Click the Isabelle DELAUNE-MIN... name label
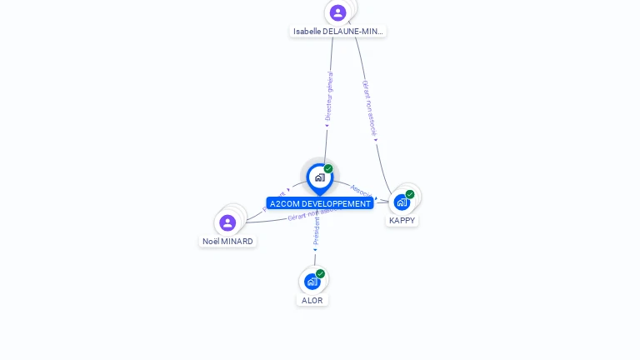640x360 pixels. pyautogui.click(x=338, y=31)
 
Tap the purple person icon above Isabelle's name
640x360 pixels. pyautogui.click(x=337, y=12)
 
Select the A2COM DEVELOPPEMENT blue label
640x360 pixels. pyautogui.click(x=320, y=203)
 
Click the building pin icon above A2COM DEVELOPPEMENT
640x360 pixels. pyautogui.click(x=319, y=177)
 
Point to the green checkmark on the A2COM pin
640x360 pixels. pyautogui.click(x=328, y=169)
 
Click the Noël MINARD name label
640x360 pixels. pyautogui.click(x=227, y=241)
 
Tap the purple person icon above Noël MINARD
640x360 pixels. pyautogui.click(x=227, y=222)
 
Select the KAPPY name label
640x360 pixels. pyautogui.click(x=402, y=220)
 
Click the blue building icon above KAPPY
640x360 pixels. pyautogui.click(x=402, y=202)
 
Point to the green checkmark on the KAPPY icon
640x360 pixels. pyautogui.click(x=410, y=194)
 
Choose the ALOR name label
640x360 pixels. pyautogui.click(x=312, y=300)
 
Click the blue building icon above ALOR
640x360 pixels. pyautogui.click(x=312, y=282)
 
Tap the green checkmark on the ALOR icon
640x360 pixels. pyautogui.click(x=320, y=273)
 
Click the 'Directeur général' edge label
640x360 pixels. pyautogui.click(x=329, y=96)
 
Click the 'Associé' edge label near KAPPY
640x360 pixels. pyautogui.click(x=361, y=191)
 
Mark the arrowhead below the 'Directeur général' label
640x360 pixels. pyautogui.click(x=327, y=126)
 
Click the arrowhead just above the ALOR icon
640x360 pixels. pyautogui.click(x=315, y=250)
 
